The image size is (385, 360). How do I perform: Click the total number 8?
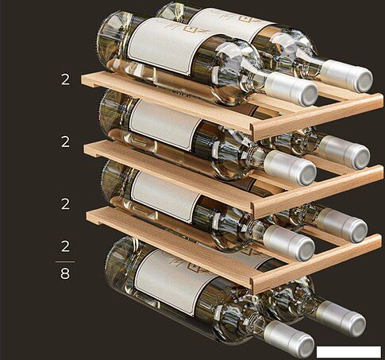point(65,273)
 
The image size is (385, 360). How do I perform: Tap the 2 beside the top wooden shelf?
point(65,79)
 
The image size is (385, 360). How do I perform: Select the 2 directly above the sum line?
point(65,246)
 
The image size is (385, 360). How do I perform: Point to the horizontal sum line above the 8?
point(65,261)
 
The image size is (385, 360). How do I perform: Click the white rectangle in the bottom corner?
point(348,351)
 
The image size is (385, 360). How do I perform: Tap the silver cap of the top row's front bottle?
point(291,89)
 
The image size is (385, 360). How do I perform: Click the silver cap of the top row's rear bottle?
point(347,75)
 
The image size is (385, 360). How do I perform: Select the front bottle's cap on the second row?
point(291,168)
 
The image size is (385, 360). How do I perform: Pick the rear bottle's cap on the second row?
point(344,153)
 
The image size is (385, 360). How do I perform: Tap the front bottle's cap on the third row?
point(289,242)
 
